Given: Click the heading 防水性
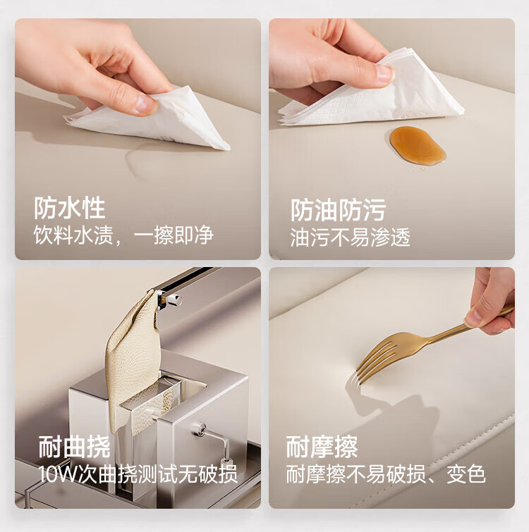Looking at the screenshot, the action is point(70,208).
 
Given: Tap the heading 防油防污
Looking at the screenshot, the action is point(338,211).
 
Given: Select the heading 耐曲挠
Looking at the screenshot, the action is point(74,447).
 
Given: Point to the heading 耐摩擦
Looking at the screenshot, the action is point(322,447).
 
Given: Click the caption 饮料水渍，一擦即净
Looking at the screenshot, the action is point(123,235).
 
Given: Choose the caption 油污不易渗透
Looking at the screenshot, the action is point(351,237).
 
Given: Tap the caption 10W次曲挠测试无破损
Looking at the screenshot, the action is point(138,474).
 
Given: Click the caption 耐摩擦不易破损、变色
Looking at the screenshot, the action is point(386,474).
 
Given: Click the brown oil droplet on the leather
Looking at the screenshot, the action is point(418,146).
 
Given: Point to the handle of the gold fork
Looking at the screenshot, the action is point(468,322).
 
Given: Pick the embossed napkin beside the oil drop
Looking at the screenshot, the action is point(370,92).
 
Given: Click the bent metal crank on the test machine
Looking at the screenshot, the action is point(214,443).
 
